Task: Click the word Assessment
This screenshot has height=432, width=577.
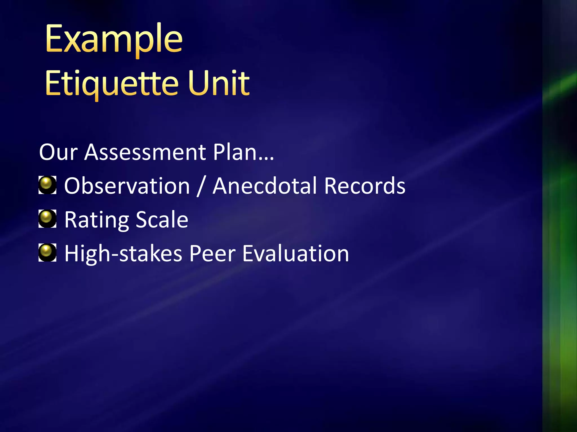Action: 145,152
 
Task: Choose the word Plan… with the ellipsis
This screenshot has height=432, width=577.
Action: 243,152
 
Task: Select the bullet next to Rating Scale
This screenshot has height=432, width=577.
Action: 47,219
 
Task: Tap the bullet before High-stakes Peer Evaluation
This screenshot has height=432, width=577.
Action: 47,252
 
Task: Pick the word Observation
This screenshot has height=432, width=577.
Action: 127,186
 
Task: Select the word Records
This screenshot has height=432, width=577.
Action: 365,186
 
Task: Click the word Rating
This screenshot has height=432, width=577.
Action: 96,220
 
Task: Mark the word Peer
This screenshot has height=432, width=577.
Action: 212,253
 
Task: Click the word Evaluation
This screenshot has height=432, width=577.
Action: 296,253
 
